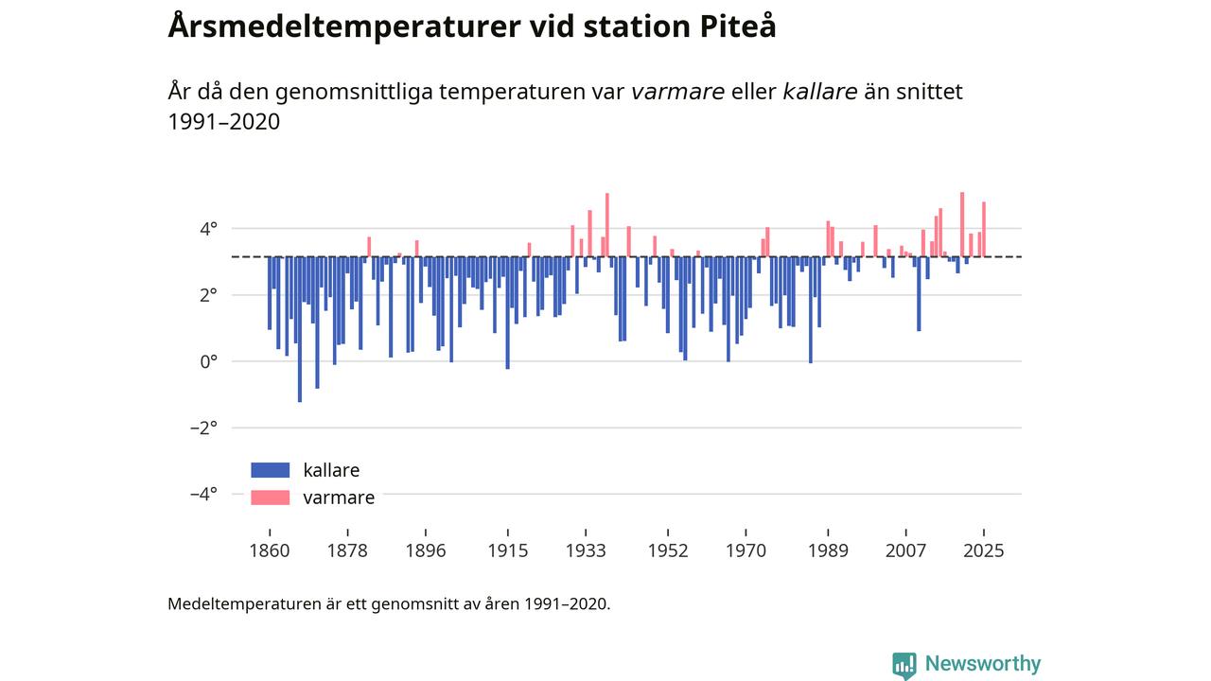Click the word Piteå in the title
pos(737,26)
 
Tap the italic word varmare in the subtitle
pos(677,92)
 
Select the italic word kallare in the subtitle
pos(820,92)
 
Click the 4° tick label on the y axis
pos(207,229)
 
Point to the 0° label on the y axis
pos(207,361)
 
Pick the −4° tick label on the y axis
pos(203,494)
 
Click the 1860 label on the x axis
pos(270,550)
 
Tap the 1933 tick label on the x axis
pos(586,550)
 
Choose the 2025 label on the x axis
pos(984,550)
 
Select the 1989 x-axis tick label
pos(828,550)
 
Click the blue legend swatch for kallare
pos(270,470)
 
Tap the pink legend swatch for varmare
pos(270,498)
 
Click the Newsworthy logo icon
pos(904,665)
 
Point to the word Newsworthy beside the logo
pos(982,664)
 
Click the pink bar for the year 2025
pos(984,229)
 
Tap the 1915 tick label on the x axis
pos(508,550)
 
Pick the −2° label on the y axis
pos(203,428)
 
